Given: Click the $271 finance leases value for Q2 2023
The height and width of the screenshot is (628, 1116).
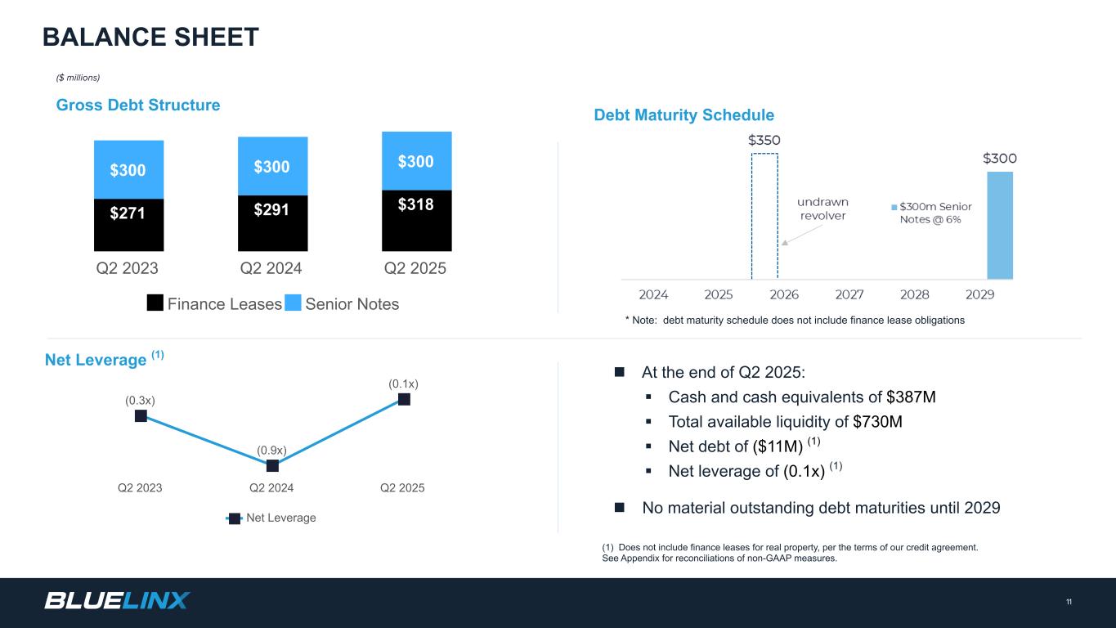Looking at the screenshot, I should tap(128, 213).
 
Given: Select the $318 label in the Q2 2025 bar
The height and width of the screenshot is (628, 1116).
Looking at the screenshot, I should tap(416, 204).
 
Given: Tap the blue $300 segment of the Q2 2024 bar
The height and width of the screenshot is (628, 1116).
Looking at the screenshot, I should tap(272, 167).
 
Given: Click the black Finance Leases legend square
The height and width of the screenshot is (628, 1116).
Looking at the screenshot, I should tap(155, 304).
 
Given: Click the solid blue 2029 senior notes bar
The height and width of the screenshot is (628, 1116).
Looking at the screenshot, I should tap(999, 225).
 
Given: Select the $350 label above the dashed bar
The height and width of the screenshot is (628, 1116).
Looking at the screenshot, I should tap(764, 140).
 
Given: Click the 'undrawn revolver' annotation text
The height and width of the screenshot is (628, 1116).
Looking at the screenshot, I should tap(823, 209).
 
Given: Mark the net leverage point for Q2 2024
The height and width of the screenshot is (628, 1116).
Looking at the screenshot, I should tap(272, 466).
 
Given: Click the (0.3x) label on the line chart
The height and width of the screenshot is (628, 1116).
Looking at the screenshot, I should tap(140, 400).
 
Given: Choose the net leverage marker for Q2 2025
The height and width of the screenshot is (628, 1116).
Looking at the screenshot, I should tap(404, 399).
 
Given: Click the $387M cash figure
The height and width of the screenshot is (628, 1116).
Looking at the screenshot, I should tap(911, 397).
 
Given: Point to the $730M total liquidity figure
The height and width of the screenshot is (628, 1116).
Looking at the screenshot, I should tap(877, 422).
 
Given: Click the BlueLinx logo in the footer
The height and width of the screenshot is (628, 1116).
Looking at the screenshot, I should tap(117, 601).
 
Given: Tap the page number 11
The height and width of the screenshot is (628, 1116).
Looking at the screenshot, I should tap(1069, 603).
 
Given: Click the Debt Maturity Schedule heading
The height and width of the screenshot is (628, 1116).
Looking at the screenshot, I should tap(683, 115).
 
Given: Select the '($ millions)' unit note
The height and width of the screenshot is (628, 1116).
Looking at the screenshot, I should tap(78, 78).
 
